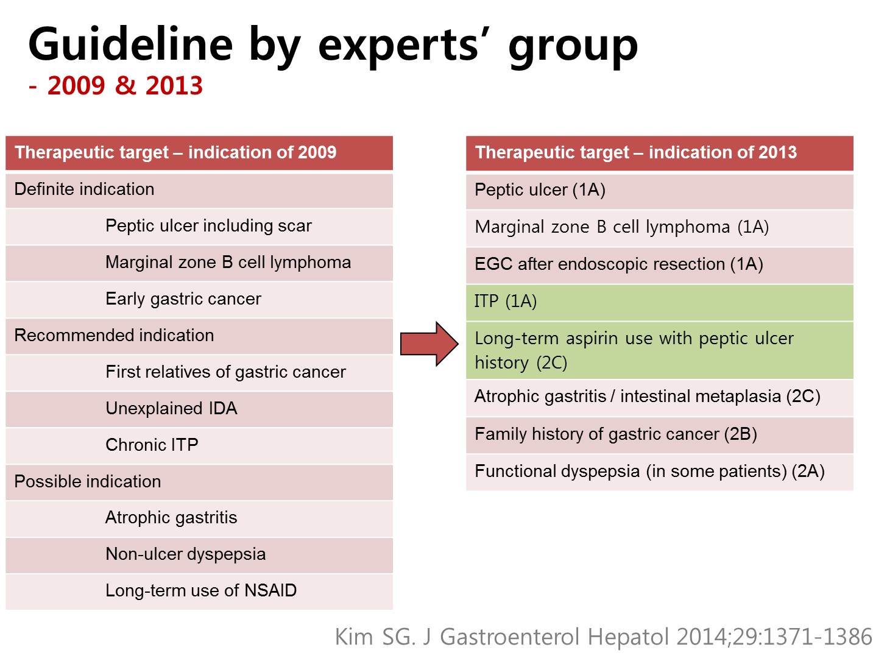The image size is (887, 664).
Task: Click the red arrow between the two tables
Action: pyautogui.click(x=429, y=344)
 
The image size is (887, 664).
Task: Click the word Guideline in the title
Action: pyautogui.click(x=130, y=44)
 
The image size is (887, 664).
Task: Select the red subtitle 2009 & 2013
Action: pyautogui.click(x=116, y=86)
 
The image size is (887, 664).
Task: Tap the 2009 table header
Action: pyautogui.click(x=199, y=153)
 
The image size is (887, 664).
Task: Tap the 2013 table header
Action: pyautogui.click(x=660, y=153)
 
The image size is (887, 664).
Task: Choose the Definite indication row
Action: pyautogui.click(x=199, y=191)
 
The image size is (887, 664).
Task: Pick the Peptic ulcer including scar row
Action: pyautogui.click(x=199, y=227)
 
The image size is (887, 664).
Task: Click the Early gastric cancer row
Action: pyautogui.click(x=199, y=300)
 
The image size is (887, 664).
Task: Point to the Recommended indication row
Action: pyautogui.click(x=199, y=336)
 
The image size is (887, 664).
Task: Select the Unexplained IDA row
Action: pyautogui.click(x=199, y=409)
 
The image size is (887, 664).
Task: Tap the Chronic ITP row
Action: pyautogui.click(x=199, y=446)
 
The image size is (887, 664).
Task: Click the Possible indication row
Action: pyautogui.click(x=199, y=482)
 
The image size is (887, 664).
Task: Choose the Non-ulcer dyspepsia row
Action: pyautogui.click(x=199, y=555)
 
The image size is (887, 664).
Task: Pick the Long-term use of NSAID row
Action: pyautogui.click(x=199, y=592)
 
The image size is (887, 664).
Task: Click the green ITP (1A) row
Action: pyautogui.click(x=660, y=303)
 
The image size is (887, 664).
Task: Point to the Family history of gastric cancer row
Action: pyautogui.click(x=660, y=435)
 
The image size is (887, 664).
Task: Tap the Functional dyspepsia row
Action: pyautogui.click(x=660, y=472)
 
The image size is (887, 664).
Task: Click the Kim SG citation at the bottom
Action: pyautogui.click(x=603, y=637)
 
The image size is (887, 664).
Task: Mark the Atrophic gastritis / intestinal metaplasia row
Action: pyautogui.click(x=660, y=398)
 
